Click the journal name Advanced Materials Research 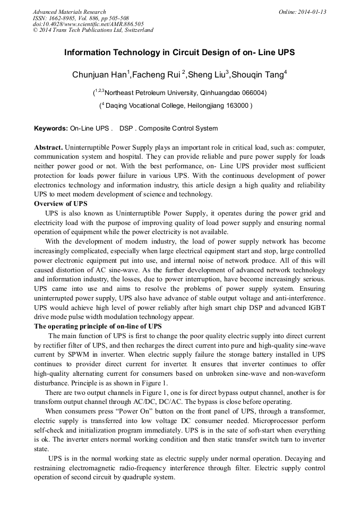[69, 12]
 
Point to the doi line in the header [88, 24]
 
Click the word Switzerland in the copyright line [137, 30]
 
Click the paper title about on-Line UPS [179, 53]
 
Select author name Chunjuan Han [99, 75]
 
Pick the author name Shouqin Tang [258, 75]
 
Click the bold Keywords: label [51, 128]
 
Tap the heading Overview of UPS [61, 204]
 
